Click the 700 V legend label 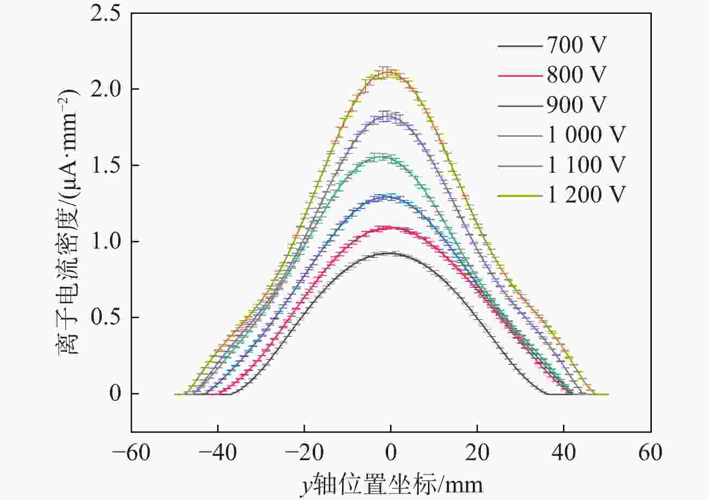(x=576, y=45)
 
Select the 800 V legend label (x=576, y=75)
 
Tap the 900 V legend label (x=576, y=105)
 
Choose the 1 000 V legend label (x=587, y=135)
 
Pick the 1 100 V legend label (x=587, y=165)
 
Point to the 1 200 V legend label (x=587, y=195)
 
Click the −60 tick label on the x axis (x=131, y=452)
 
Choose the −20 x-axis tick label (x=304, y=452)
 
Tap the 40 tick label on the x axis (x=564, y=452)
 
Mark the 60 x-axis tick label (x=650, y=452)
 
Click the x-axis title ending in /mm (x=391, y=485)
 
